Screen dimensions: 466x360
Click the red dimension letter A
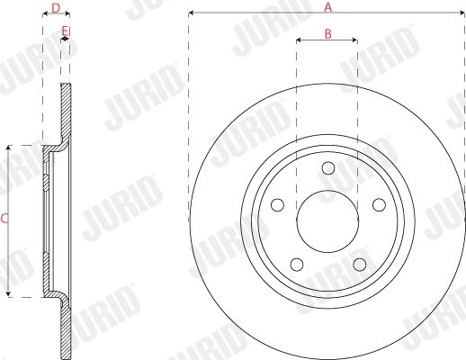click(x=328, y=7)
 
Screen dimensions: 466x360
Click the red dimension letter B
click(x=328, y=34)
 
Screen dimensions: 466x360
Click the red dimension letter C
click(x=4, y=219)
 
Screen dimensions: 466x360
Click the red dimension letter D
click(x=56, y=8)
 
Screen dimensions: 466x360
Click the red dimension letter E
click(x=65, y=31)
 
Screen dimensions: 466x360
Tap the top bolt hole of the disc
click(x=328, y=167)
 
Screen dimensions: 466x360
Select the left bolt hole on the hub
click(x=277, y=204)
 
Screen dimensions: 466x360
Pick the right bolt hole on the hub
click(x=379, y=204)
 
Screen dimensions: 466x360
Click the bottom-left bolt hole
click(x=297, y=265)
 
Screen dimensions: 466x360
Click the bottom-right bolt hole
click(x=360, y=265)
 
